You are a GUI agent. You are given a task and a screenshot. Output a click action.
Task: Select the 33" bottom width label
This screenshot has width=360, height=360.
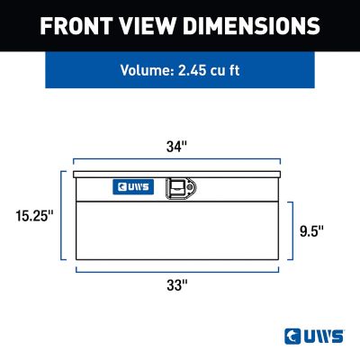(177, 285)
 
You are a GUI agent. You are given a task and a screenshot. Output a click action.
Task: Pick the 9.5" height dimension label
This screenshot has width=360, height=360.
(312, 230)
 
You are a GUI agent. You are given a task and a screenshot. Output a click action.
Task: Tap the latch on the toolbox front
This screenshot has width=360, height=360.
(184, 187)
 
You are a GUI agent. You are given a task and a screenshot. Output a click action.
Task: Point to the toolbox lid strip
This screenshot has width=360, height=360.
(177, 172)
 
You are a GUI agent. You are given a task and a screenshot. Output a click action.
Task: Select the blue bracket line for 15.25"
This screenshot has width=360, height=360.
(61, 215)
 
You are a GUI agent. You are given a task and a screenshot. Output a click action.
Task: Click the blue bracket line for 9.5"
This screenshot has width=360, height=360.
(289, 230)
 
